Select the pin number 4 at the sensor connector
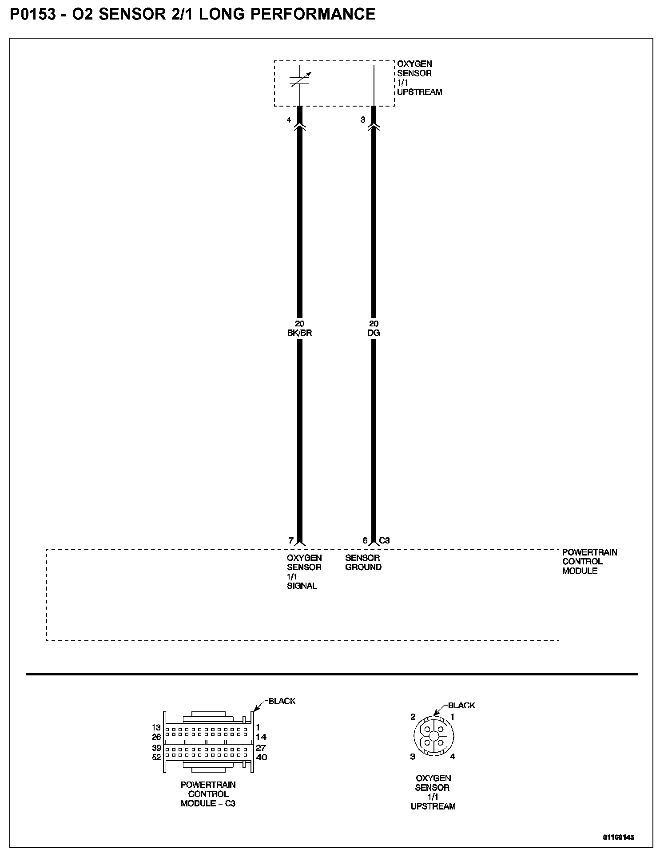[x=289, y=120]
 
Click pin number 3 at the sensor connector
[x=363, y=120]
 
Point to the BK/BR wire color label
[x=300, y=333]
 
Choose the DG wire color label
[x=374, y=333]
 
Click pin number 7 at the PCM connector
[x=291, y=540]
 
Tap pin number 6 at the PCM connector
[x=365, y=540]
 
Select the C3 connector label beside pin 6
[x=384, y=540]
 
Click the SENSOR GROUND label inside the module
[x=363, y=562]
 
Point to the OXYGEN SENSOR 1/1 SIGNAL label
[x=304, y=571]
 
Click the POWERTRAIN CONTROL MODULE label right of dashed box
[x=589, y=561]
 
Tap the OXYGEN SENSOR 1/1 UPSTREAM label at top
[x=419, y=78]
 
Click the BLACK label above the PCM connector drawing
[x=282, y=701]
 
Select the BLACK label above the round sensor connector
[x=461, y=705]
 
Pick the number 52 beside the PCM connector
[x=156, y=758]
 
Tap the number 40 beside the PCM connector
[x=261, y=758]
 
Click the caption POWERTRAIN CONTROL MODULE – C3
[x=208, y=794]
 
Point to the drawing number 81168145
[x=618, y=837]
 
